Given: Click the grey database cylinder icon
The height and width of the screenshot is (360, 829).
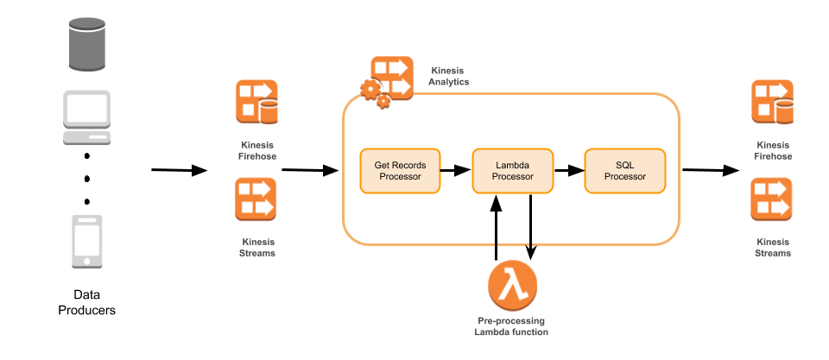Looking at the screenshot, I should [x=86, y=44].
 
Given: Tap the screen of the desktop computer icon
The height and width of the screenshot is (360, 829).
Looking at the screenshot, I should [x=86, y=109].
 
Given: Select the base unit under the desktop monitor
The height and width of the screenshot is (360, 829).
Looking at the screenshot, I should [x=86, y=136].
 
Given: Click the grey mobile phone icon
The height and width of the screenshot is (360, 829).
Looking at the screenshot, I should [x=86, y=242].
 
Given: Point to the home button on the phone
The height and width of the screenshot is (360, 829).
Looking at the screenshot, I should [x=86, y=261].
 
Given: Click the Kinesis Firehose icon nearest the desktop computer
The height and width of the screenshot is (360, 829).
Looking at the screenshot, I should [x=256, y=102].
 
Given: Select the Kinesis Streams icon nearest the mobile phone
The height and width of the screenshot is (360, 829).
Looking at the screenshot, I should [x=256, y=199].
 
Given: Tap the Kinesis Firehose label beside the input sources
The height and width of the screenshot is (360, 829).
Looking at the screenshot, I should [x=256, y=150].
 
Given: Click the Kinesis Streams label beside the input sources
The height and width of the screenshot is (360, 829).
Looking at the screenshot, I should [x=256, y=248].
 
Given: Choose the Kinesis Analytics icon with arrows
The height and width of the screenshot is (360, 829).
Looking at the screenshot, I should [x=391, y=78].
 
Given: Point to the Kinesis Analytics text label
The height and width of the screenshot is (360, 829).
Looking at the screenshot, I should [x=449, y=76].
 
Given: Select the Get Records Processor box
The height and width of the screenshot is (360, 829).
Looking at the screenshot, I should [x=400, y=171].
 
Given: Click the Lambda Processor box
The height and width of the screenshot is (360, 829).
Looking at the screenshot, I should [x=512, y=171].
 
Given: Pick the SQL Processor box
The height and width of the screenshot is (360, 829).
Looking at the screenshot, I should [x=624, y=171].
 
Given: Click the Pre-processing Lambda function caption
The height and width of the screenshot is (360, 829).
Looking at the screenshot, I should [x=511, y=326].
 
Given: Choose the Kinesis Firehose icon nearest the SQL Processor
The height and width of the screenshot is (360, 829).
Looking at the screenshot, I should [x=772, y=102].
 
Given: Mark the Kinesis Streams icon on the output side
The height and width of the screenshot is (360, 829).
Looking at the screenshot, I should [x=771, y=199].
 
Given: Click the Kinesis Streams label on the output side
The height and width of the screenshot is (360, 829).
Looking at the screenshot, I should [x=773, y=248].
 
